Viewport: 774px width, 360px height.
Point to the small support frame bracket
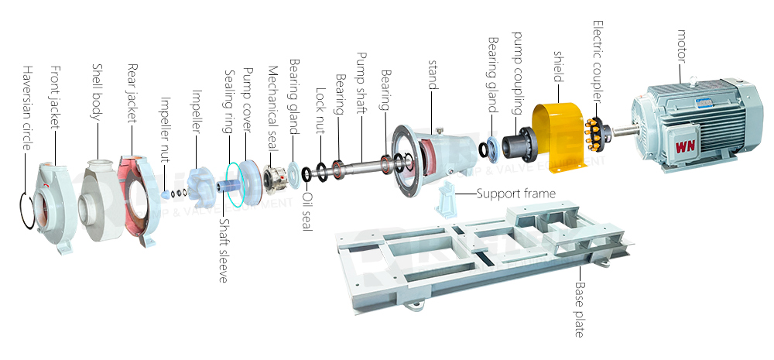point(450,201)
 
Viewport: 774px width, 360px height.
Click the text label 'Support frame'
point(515,194)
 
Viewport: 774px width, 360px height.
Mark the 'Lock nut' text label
point(320,109)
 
